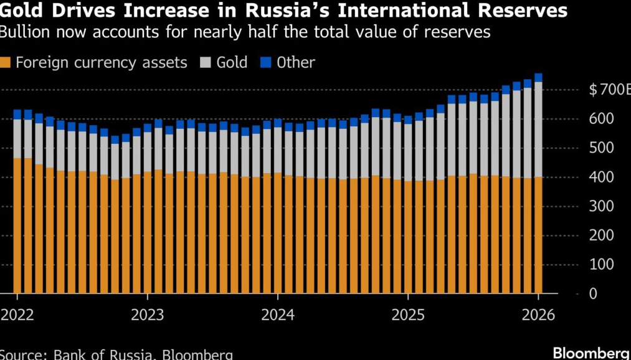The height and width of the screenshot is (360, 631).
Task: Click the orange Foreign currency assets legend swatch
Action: click(x=6, y=62)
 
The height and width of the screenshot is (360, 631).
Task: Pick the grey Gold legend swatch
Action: click(x=206, y=62)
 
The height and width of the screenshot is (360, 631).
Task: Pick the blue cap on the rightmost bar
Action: click(x=538, y=78)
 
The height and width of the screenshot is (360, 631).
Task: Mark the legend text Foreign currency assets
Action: click(x=102, y=62)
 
